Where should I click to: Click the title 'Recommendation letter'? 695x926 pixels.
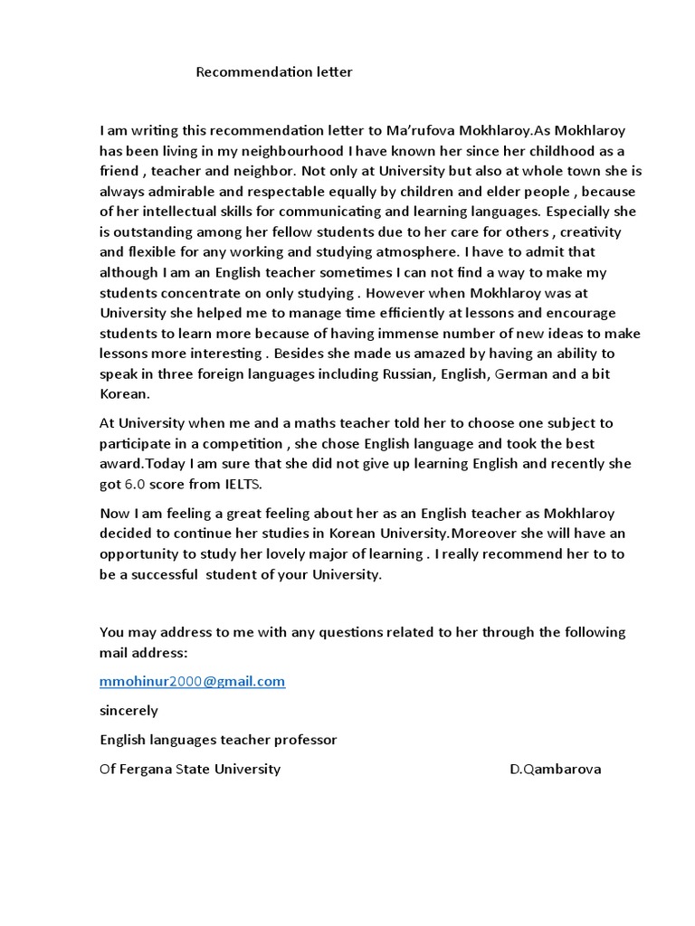click(x=274, y=72)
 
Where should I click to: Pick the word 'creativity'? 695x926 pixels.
click(x=589, y=231)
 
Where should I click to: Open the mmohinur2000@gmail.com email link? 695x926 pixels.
click(x=192, y=681)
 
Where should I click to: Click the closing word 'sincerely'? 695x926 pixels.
click(x=129, y=710)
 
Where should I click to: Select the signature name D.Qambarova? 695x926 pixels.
click(x=555, y=769)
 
